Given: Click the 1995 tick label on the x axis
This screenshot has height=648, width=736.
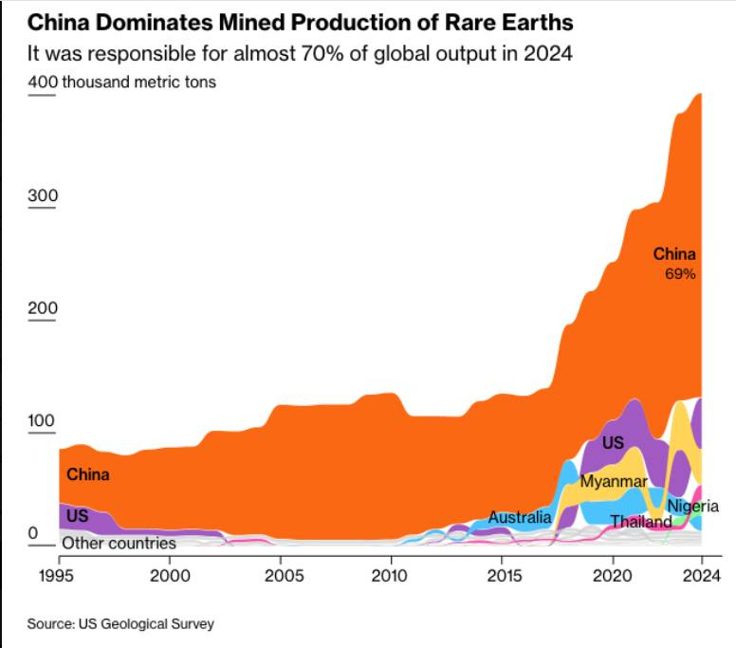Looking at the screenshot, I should click(59, 575).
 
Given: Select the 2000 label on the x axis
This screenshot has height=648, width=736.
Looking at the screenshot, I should click(169, 575).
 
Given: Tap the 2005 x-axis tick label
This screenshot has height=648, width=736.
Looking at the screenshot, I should click(280, 575).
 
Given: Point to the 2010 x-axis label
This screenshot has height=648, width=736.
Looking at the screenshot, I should click(390, 575).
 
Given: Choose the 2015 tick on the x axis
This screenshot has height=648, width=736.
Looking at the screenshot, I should click(503, 575).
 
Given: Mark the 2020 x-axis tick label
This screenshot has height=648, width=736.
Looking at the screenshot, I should click(613, 575).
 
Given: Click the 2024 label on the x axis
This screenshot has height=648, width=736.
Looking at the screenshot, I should click(701, 575).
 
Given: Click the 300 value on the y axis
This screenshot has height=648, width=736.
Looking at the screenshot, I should click(43, 196).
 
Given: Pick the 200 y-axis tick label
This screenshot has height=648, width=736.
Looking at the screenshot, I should click(43, 308).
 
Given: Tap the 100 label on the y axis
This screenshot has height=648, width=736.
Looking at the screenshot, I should click(43, 421).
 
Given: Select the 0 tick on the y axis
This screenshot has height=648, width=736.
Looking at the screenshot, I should click(32, 534).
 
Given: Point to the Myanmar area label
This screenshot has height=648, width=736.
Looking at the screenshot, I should click(614, 482).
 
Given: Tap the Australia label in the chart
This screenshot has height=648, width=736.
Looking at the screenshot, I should click(519, 518).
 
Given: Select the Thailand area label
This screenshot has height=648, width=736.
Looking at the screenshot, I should click(640, 522).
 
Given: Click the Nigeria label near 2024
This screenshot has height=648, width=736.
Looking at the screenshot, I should click(692, 507).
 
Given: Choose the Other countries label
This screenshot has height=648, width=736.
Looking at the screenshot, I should click(119, 544).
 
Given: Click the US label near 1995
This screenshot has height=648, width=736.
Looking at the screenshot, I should click(77, 517).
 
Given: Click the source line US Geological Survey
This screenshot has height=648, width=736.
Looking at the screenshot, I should click(120, 624).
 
